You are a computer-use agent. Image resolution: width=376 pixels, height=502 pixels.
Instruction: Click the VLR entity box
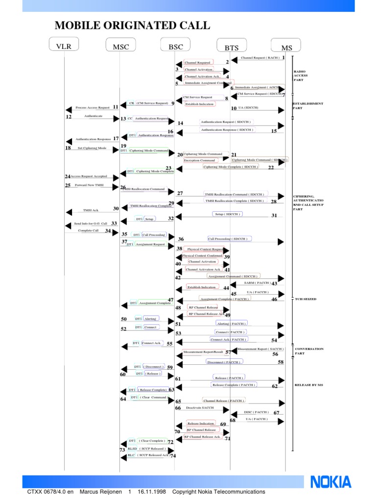click(x=64, y=46)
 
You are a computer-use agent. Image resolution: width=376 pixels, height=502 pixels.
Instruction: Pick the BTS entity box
click(x=232, y=48)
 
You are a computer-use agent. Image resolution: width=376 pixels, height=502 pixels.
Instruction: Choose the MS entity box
click(x=286, y=48)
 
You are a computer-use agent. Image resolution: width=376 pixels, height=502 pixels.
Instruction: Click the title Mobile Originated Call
click(x=132, y=25)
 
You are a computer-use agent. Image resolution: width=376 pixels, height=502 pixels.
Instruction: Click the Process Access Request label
click(x=93, y=107)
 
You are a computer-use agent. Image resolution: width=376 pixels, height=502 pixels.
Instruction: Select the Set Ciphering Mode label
click(x=92, y=148)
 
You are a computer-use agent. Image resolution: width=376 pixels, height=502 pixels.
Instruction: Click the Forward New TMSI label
click(x=89, y=186)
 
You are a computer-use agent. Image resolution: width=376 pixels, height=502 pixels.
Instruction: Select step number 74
click(x=173, y=456)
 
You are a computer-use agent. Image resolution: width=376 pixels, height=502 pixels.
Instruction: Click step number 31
click(x=274, y=215)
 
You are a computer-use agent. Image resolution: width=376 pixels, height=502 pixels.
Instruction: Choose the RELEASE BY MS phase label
click(x=308, y=385)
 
